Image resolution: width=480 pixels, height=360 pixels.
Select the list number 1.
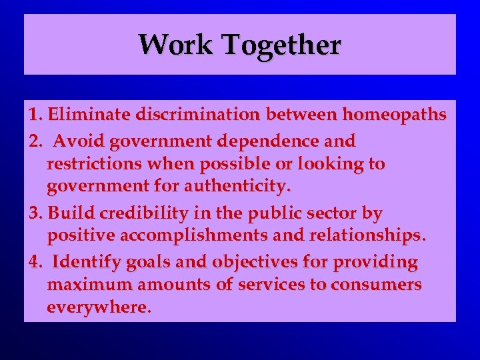click(34, 115)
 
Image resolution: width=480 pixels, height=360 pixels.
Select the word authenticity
click(231, 185)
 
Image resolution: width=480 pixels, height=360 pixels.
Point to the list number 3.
click(35, 213)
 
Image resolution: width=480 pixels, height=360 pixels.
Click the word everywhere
click(99, 307)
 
